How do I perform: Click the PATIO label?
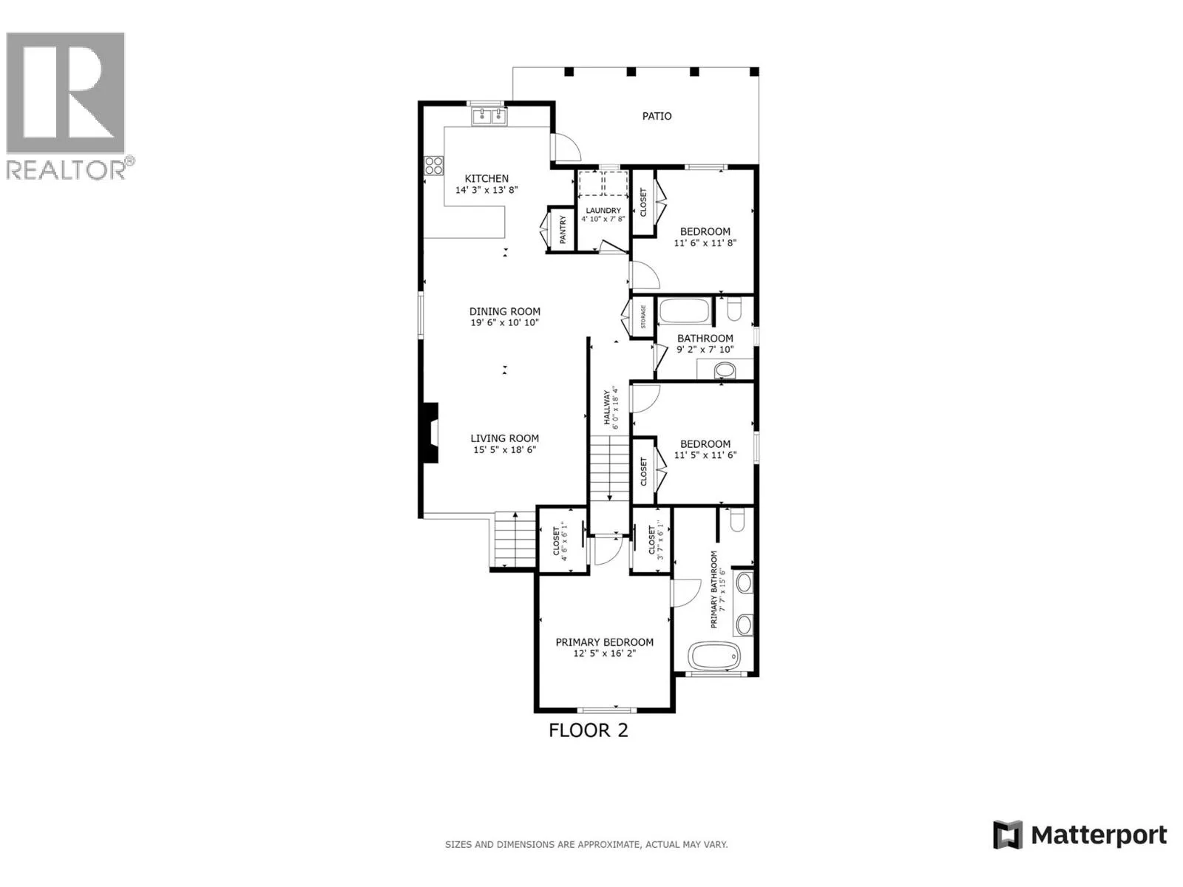[x=657, y=116]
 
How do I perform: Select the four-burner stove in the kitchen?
[x=433, y=166]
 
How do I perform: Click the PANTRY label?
[x=563, y=230]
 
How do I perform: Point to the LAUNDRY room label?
[x=603, y=211]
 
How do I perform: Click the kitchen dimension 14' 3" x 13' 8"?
[x=486, y=190]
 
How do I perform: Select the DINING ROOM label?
[x=504, y=311]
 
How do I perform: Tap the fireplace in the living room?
[x=430, y=432]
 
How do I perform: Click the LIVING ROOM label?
[x=504, y=438]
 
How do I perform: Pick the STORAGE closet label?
[x=643, y=317]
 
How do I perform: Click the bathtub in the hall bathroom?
[x=685, y=310]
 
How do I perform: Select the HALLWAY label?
[x=607, y=407]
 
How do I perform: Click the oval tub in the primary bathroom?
[x=715, y=656]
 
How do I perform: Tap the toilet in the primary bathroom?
[x=736, y=520]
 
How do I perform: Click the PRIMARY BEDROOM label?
[x=604, y=642]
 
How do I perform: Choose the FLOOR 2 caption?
[x=588, y=730]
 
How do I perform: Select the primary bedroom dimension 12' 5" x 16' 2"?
[x=604, y=654]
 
